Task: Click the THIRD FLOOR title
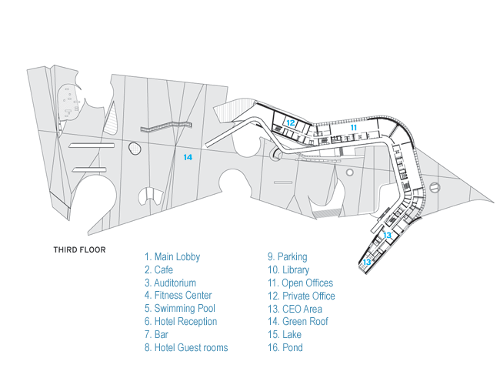click(x=79, y=249)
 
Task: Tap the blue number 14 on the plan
click(x=188, y=156)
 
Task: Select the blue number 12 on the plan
click(x=291, y=122)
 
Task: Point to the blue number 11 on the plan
click(x=354, y=128)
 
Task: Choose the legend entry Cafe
click(x=158, y=269)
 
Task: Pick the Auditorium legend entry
click(x=170, y=283)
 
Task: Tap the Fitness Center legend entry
click(x=178, y=296)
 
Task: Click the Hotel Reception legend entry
click(x=181, y=322)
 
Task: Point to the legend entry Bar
click(x=156, y=335)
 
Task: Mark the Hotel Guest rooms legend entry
click(x=185, y=348)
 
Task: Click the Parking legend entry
click(x=287, y=256)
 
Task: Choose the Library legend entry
click(x=288, y=269)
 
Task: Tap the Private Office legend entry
click(x=301, y=296)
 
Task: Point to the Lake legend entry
click(x=284, y=335)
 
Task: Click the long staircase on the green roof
click(x=165, y=127)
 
